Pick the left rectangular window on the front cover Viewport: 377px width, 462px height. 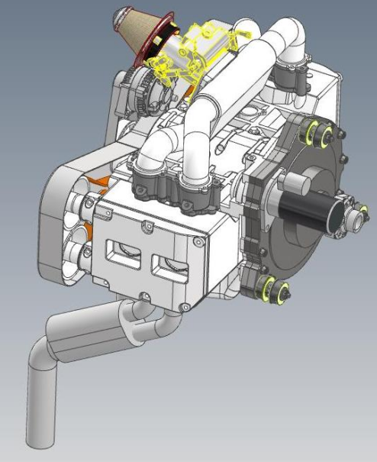pos(124,251)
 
